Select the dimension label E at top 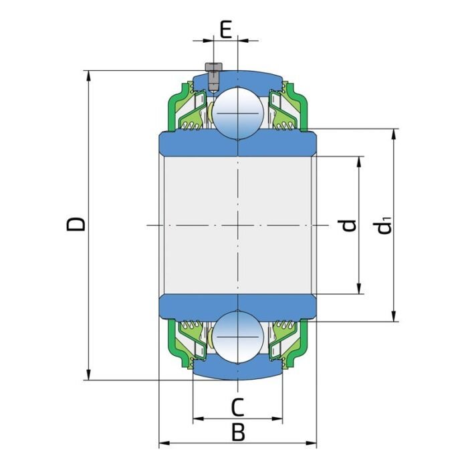[226, 29]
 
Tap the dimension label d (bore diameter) [347, 225]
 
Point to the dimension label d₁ [384, 225]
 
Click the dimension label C [237, 406]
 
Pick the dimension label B [237, 433]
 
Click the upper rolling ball [237, 113]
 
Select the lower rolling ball [237, 335]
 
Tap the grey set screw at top [213, 76]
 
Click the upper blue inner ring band [237, 144]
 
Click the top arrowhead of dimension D [88, 75]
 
